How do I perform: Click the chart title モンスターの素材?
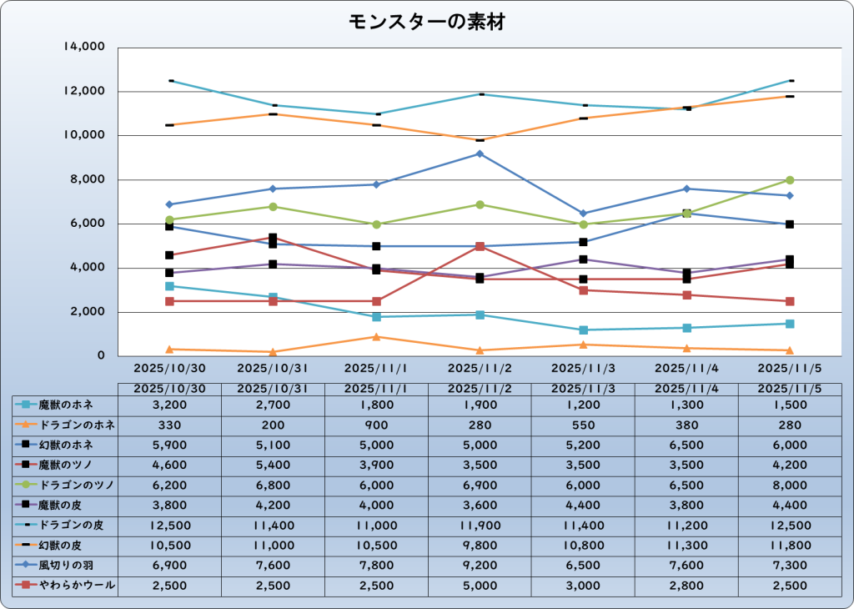pyautogui.click(x=426, y=23)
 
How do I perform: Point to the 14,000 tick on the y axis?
pyautogui.click(x=83, y=48)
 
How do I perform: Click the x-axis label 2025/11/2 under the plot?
pyautogui.click(x=480, y=368)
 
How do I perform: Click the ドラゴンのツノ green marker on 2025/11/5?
pyautogui.click(x=790, y=180)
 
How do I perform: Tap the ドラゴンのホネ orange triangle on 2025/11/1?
pyautogui.click(x=376, y=337)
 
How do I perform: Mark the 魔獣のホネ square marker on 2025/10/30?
pyautogui.click(x=169, y=286)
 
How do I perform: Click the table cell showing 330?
pyautogui.click(x=169, y=425)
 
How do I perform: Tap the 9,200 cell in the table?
pyautogui.click(x=480, y=566)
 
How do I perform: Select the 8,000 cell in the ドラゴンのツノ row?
pyautogui.click(x=790, y=485)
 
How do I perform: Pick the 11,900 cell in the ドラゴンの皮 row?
pyautogui.click(x=480, y=525)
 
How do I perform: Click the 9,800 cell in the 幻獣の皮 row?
pyautogui.click(x=480, y=546)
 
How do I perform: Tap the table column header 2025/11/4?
pyautogui.click(x=686, y=389)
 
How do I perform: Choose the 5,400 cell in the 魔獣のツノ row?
pyautogui.click(x=273, y=465)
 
